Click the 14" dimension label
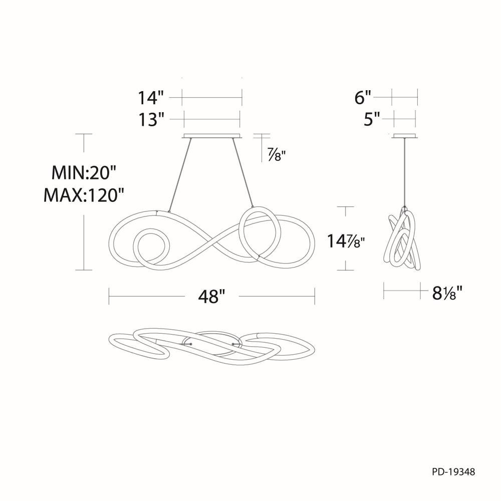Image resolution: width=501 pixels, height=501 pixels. pyautogui.click(x=151, y=98)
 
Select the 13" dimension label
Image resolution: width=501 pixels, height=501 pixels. pyautogui.click(x=151, y=120)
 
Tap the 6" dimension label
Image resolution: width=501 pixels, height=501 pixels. pyautogui.click(x=363, y=98)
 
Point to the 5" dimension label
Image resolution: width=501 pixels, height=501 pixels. pyautogui.click(x=372, y=120)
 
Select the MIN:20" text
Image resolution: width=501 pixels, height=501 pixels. pyautogui.click(x=83, y=173)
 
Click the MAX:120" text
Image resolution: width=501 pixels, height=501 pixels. pyautogui.click(x=83, y=195)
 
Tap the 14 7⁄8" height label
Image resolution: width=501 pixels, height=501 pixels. pyautogui.click(x=345, y=241)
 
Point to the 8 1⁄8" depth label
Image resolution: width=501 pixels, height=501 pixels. pyautogui.click(x=447, y=293)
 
